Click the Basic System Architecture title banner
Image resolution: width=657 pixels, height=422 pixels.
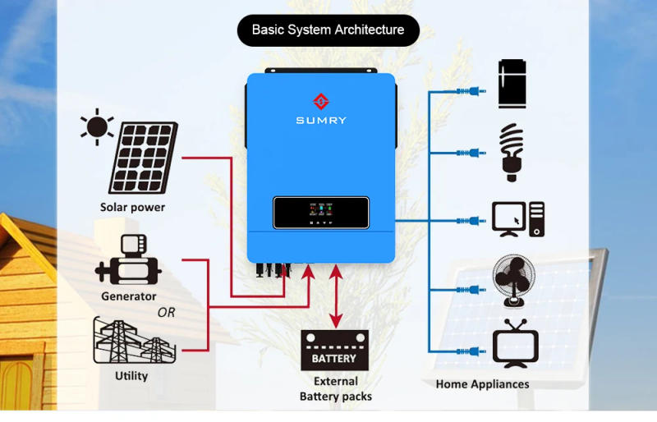coord(328,30)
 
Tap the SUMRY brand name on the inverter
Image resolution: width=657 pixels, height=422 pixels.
coord(321,121)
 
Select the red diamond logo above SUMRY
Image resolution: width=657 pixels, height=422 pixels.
coord(321,102)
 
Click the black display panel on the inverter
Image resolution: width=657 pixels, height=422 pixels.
coord(320,213)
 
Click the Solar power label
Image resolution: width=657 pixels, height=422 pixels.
coord(132,208)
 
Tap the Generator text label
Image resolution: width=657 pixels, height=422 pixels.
coord(129,296)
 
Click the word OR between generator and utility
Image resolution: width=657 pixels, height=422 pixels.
coord(166,313)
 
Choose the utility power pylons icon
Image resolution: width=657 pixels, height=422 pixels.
coord(131,341)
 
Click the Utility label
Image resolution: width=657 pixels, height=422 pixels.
coord(131,376)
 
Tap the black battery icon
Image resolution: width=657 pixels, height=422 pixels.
coord(334,351)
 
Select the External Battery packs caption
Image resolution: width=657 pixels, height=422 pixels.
coord(335,389)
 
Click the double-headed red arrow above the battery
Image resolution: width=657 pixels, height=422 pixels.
coord(335,295)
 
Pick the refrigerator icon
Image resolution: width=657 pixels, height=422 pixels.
coord(512,84)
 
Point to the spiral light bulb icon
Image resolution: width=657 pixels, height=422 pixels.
coord(512,152)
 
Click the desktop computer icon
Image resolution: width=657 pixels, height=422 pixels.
coord(518,219)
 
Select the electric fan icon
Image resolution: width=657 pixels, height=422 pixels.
coord(514,281)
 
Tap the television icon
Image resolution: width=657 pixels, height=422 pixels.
coord(515,346)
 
